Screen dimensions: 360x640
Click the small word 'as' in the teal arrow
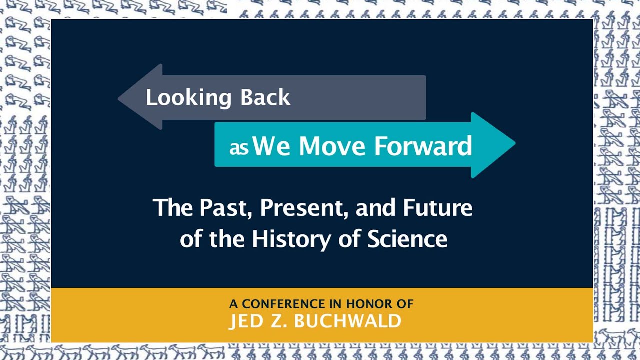[239, 148]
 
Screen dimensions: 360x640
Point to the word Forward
[423, 145]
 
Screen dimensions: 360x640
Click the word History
[291, 239]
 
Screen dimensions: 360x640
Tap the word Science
[407, 239]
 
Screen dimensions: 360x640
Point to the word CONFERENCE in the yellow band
[283, 303]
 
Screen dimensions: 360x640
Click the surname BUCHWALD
[348, 321]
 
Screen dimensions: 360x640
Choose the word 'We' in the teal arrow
[272, 145]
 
